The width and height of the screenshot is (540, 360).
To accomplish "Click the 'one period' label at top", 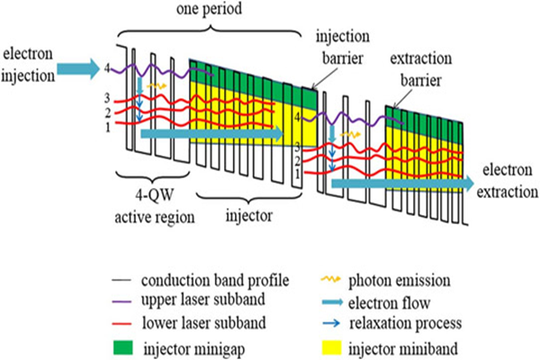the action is pos(209,9).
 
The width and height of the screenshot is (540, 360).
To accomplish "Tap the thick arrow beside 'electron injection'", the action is pos(78,69).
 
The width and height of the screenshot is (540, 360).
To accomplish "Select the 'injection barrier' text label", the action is pos(343,48).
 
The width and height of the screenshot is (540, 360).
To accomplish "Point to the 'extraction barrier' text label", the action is pos(421,69).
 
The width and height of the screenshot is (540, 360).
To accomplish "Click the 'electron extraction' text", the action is pos(508,181).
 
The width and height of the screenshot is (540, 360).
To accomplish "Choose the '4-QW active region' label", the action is pos(155,207).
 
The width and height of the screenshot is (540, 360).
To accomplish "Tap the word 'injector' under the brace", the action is pos(249,216).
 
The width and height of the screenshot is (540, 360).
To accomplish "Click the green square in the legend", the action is pos(123,347).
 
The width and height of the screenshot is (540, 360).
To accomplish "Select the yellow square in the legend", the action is pos(331,347).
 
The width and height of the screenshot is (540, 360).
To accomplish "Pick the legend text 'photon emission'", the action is pos(399,281).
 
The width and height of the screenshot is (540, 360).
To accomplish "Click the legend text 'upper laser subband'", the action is pos(203,300).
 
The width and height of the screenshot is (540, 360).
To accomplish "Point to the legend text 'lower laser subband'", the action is pos(204,323).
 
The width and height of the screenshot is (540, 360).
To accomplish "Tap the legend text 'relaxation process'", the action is pos(405,323).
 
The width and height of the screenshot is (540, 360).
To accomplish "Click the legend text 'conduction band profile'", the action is pos(215,281).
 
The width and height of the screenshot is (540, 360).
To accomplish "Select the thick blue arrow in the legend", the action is pos(332,302).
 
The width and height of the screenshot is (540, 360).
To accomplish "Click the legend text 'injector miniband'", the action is pos(403,348).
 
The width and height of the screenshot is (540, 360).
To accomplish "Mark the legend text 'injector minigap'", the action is pos(194,349).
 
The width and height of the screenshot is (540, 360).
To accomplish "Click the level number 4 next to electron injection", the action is pos(107,68).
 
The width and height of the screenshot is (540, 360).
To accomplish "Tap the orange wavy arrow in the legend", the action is pos(330,279).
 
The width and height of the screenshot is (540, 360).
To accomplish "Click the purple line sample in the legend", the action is pos(122,301).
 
